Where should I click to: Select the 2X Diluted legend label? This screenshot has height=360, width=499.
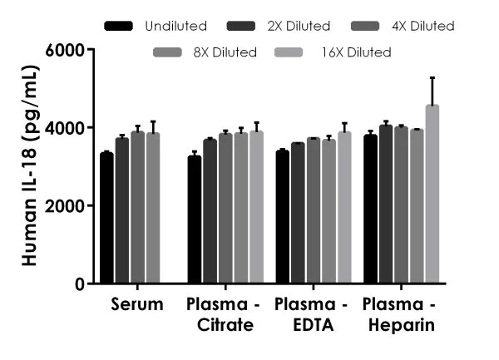(x=300, y=27)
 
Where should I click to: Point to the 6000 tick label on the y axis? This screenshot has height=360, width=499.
(x=67, y=50)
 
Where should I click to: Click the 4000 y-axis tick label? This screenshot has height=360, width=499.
(x=67, y=128)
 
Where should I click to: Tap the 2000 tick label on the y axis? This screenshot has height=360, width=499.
(x=67, y=206)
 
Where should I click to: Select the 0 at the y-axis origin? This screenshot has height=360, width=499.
(x=81, y=284)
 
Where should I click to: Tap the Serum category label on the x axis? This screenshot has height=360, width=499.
(x=136, y=305)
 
